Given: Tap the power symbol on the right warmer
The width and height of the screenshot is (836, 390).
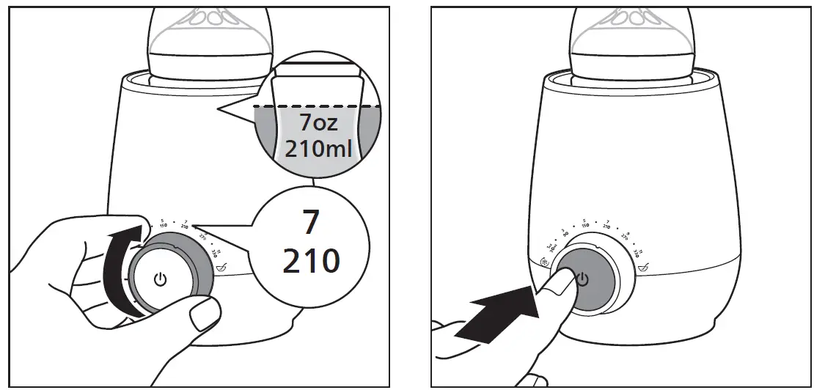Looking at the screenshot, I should (583, 279).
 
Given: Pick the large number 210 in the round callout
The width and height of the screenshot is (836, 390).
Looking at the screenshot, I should (311, 260).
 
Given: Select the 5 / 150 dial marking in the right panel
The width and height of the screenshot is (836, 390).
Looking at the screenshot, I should (584, 225).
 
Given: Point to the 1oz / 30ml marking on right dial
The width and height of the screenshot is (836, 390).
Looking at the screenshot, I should (552, 248).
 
